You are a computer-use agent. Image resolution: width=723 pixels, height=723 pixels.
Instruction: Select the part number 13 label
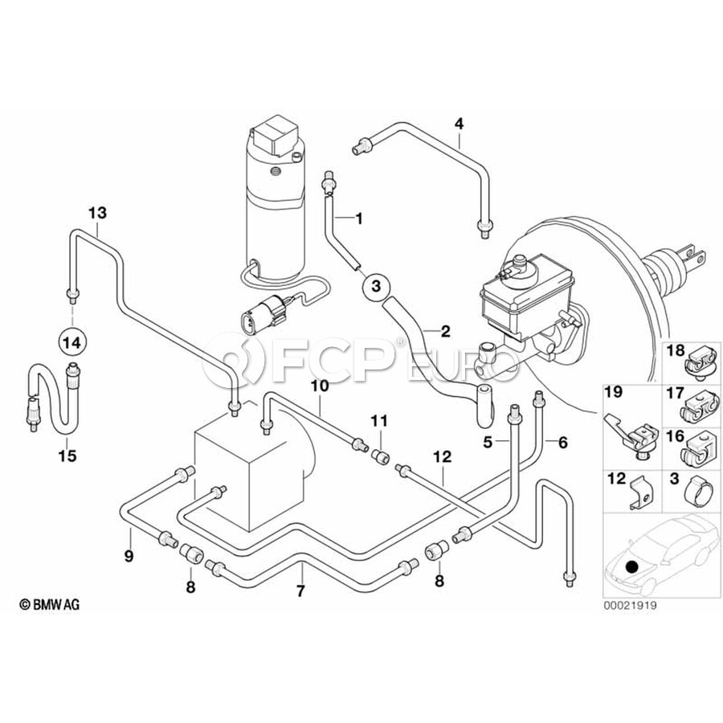click(97, 213)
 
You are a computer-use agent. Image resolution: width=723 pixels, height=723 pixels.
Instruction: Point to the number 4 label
click(459, 124)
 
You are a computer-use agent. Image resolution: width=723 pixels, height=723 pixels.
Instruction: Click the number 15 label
click(68, 456)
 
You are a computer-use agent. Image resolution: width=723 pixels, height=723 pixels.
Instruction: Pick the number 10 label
click(320, 386)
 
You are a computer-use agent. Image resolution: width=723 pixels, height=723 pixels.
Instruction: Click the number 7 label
click(301, 593)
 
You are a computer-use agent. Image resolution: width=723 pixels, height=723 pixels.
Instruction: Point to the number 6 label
click(562, 442)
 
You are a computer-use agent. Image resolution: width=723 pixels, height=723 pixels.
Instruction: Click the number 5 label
click(487, 442)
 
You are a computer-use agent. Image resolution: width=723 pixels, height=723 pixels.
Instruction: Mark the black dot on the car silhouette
click(633, 567)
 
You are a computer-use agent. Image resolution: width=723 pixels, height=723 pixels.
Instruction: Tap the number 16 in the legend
click(673, 436)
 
